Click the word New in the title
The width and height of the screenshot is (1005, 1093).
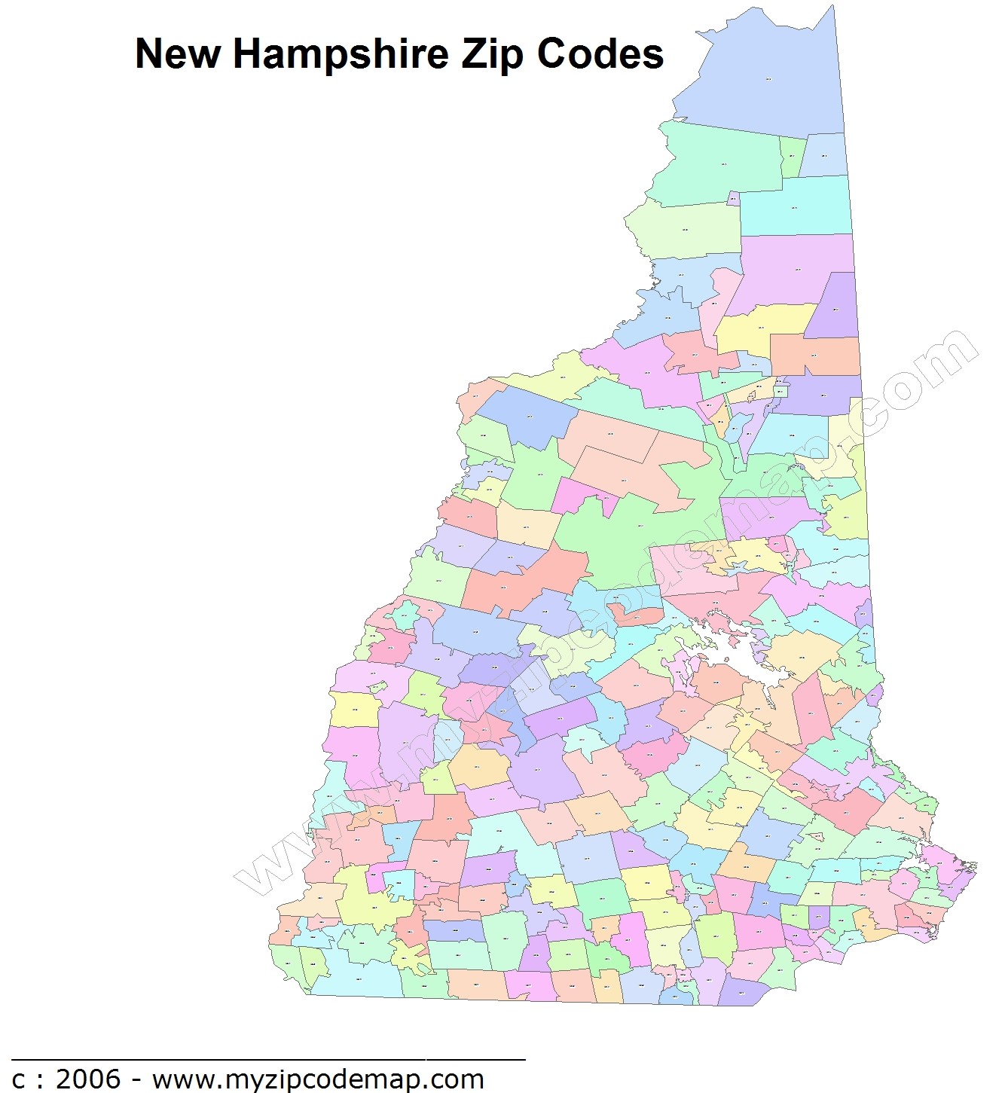click(178, 54)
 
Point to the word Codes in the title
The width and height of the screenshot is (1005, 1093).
click(600, 54)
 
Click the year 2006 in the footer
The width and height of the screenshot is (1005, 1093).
click(88, 1079)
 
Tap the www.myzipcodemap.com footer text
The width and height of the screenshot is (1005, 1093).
click(317, 1079)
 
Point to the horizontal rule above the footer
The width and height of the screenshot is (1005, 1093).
click(267, 1059)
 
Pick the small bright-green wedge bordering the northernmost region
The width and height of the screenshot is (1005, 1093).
click(793, 156)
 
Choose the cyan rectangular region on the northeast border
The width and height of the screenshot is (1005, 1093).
click(795, 206)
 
